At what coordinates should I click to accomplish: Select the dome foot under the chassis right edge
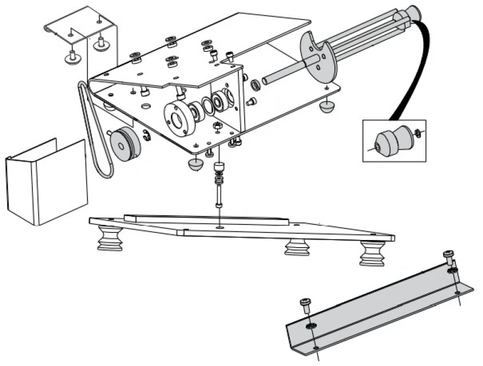click(x=328, y=108)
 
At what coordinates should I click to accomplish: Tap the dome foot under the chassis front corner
click(x=196, y=165)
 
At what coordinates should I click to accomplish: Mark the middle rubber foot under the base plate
click(x=296, y=247)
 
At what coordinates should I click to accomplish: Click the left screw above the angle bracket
click(x=306, y=303)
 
